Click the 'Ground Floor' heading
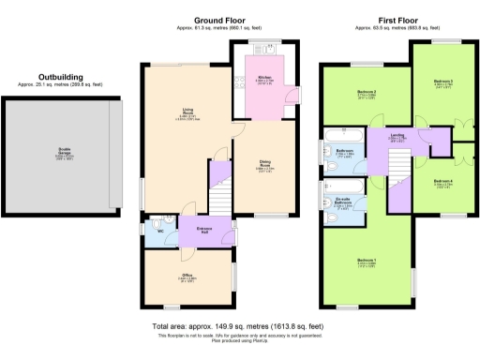(219, 20)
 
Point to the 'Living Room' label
(187, 112)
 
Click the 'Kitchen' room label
(264, 79)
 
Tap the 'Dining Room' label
(265, 165)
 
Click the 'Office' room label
(187, 276)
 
